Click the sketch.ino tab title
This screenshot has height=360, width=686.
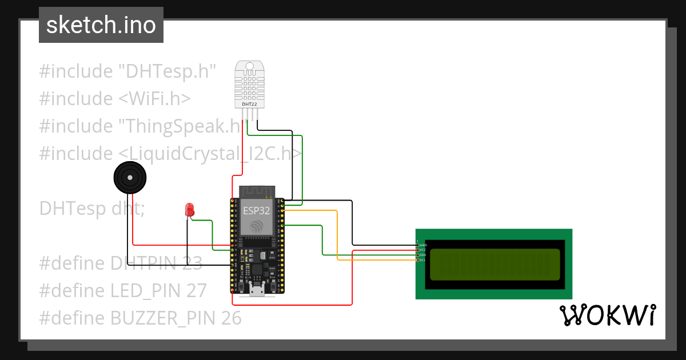101,25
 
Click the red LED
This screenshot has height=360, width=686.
189,210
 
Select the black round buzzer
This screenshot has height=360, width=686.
130,178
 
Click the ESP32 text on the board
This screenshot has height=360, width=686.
257,210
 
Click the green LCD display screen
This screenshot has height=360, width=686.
494,265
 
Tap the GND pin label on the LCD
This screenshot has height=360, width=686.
423,245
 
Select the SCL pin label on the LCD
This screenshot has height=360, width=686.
422,260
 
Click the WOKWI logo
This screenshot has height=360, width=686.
607,315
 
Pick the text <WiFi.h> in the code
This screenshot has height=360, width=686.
154,99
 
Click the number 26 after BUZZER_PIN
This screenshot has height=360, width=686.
232,318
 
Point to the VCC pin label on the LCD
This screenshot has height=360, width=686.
423,250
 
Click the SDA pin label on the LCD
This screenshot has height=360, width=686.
423,255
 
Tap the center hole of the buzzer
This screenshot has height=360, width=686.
130,178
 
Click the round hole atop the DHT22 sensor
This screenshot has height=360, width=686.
249,66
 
